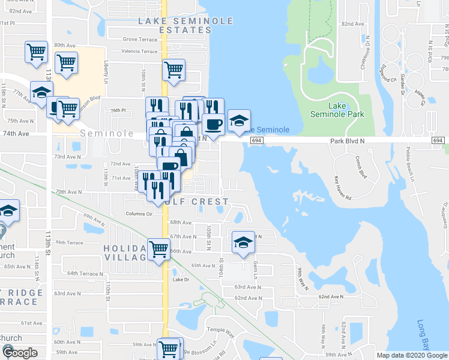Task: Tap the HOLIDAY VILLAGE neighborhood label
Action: click(x=125, y=253)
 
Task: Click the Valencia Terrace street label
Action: click(x=139, y=52)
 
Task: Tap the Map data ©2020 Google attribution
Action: click(x=412, y=355)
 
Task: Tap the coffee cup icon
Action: click(x=213, y=124)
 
